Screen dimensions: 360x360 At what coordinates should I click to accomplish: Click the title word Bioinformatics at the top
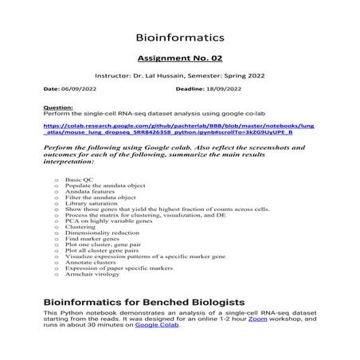[x=180, y=37]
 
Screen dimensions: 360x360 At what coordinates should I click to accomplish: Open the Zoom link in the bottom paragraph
[x=256, y=319]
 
